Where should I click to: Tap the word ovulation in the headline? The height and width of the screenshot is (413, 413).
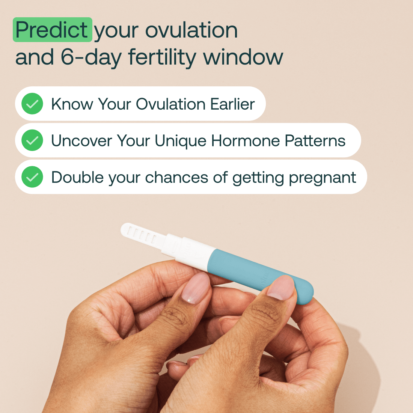coord(191,30)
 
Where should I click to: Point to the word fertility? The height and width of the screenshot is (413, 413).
coord(162,58)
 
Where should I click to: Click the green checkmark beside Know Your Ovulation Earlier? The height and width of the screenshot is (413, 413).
coord(32,104)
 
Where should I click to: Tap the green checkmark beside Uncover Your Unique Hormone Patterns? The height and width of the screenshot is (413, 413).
coord(32,140)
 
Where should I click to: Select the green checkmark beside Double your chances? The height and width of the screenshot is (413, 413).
coord(32,177)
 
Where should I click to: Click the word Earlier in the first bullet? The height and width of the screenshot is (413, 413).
coord(232,104)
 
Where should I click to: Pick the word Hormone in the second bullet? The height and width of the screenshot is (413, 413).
coord(245,140)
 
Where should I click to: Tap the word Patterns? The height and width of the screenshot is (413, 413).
coord(315,140)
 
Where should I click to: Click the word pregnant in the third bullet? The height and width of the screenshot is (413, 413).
coord(323,178)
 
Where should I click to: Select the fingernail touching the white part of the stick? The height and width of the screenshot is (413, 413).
coord(196,288)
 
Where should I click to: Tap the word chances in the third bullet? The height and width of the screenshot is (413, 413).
coord(176,177)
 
